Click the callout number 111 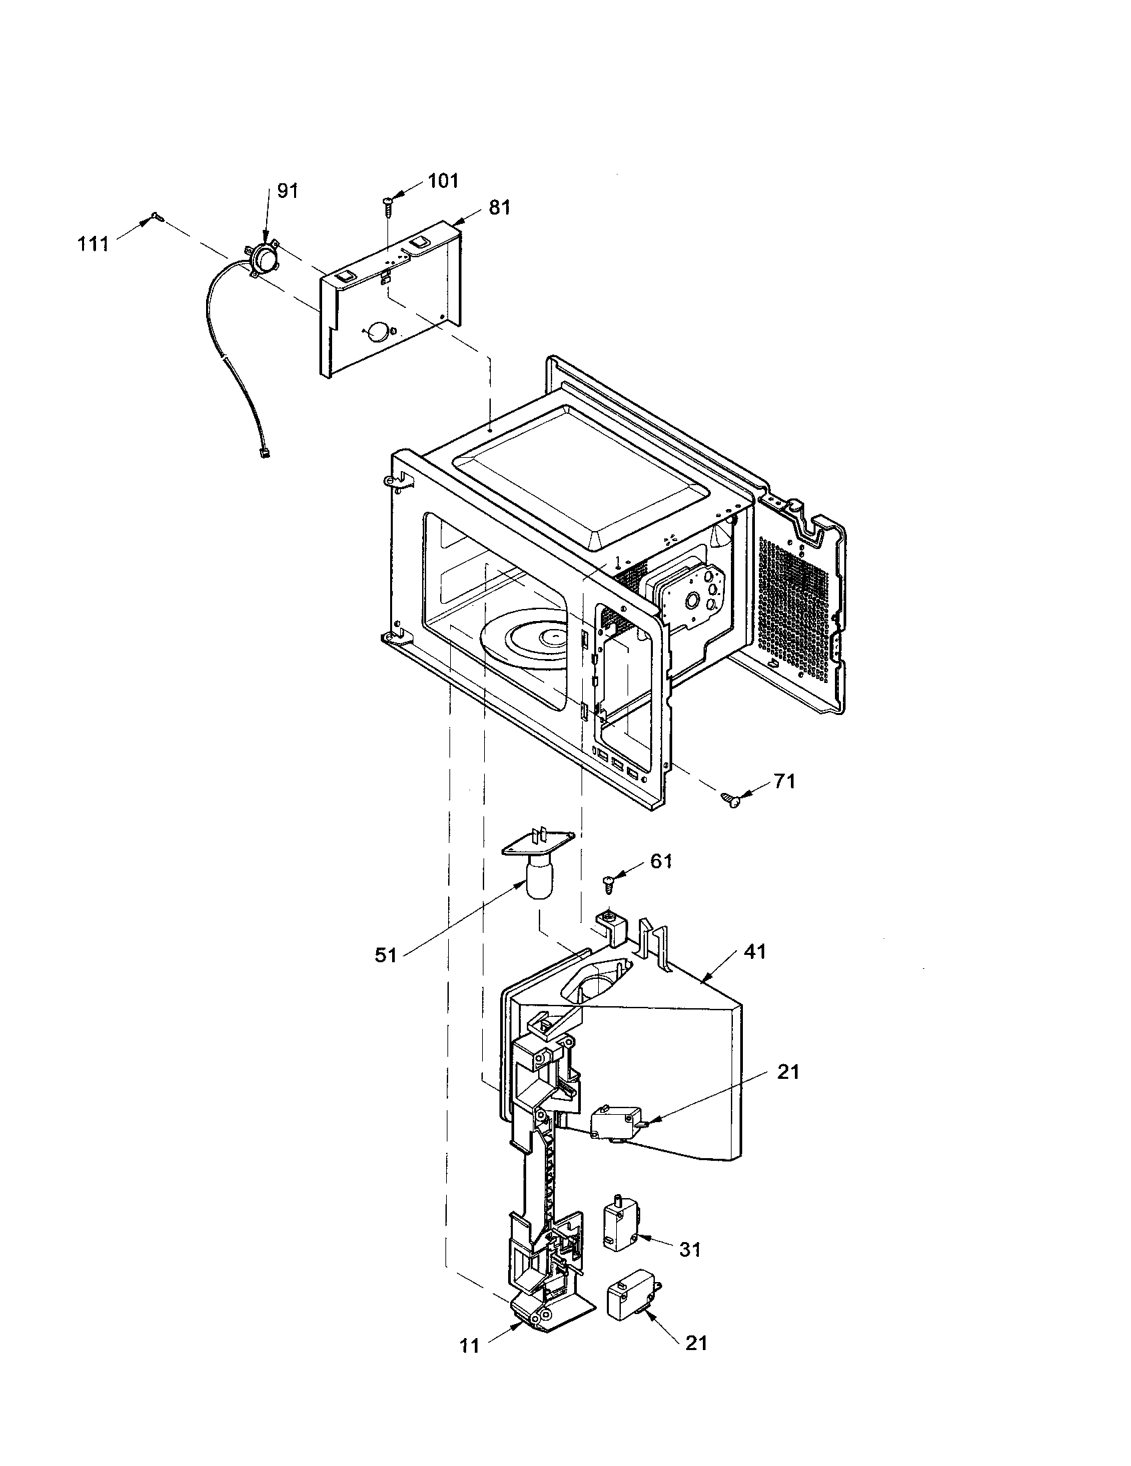93,245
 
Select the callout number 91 287,191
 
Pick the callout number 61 661,861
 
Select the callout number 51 386,955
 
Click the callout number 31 690,1249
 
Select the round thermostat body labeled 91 262,256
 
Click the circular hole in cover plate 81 378,331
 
